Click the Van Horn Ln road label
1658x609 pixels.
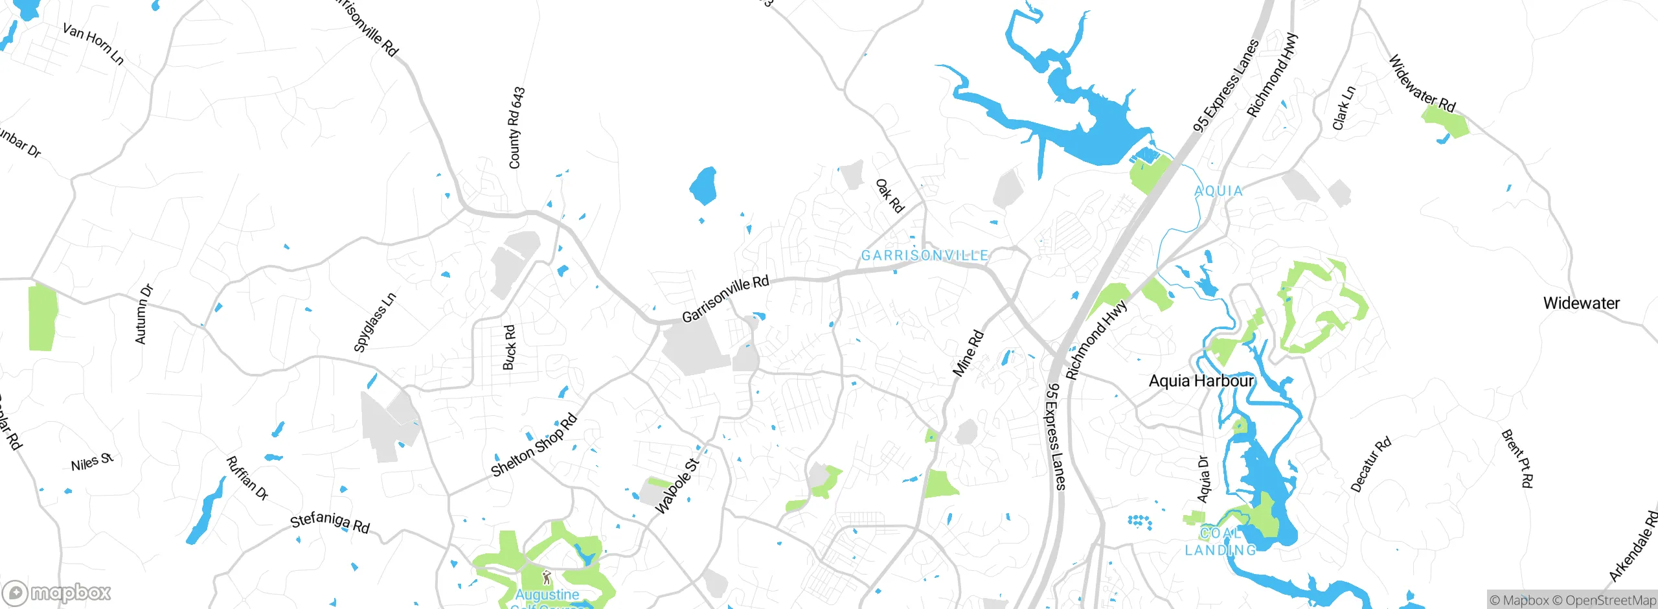pyautogui.click(x=93, y=44)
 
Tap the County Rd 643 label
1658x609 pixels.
pyautogui.click(x=516, y=128)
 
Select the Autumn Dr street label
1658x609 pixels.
pyautogui.click(x=144, y=314)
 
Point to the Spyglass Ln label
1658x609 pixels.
pyautogui.click(x=374, y=323)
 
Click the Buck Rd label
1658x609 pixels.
pyautogui.click(x=510, y=347)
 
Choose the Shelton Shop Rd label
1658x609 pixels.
pyautogui.click(x=534, y=445)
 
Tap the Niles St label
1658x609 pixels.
pyautogui.click(x=92, y=463)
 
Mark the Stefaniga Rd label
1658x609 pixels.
pyautogui.click(x=330, y=522)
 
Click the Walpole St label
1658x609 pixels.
pyautogui.click(x=677, y=486)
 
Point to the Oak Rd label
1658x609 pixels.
pyautogui.click(x=889, y=196)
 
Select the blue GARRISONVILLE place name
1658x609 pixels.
pyautogui.click(x=924, y=255)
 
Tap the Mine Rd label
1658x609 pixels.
pyautogui.click(x=968, y=353)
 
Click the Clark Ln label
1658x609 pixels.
pyautogui.click(x=1343, y=108)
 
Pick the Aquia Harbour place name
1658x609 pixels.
pyautogui.click(x=1201, y=381)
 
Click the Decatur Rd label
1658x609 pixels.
pyautogui.click(x=1370, y=465)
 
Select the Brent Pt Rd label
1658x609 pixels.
pyautogui.click(x=1517, y=458)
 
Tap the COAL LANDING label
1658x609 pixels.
pyautogui.click(x=1220, y=542)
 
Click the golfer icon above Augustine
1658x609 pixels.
pyautogui.click(x=547, y=577)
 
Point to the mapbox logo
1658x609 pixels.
pyautogui.click(x=57, y=593)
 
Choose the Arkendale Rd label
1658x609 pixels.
pyautogui.click(x=1634, y=546)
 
